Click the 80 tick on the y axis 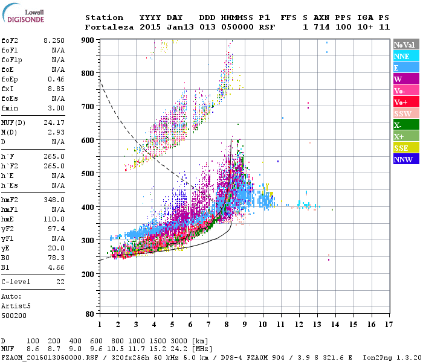(x=88, y=314)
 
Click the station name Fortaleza (x=106, y=27)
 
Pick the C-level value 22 (x=60, y=281)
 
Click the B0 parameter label (x=5, y=258)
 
